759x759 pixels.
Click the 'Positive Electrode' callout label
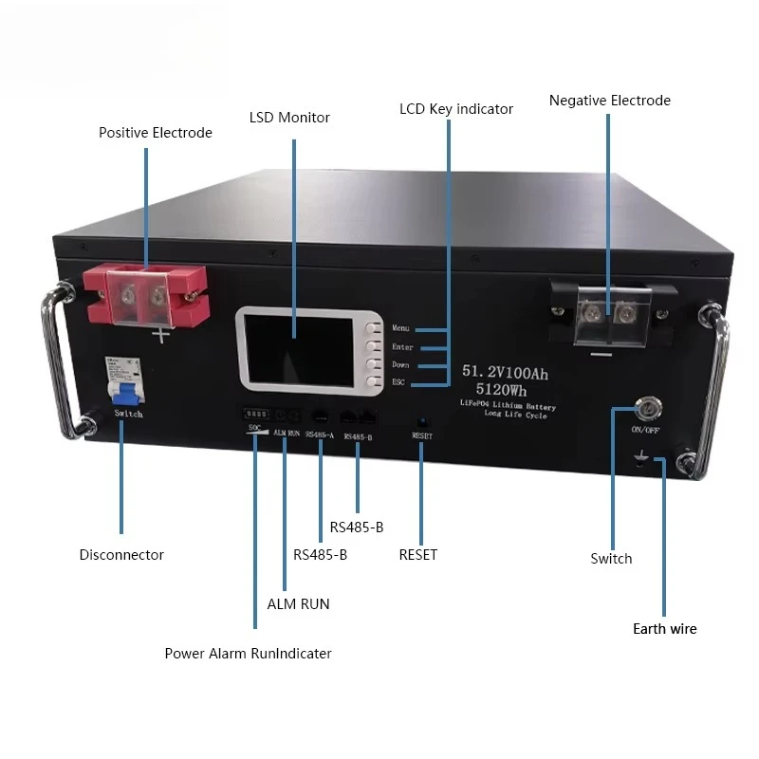click(x=155, y=133)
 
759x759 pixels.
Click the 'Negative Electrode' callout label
click(x=609, y=101)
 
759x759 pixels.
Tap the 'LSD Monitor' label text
click(x=289, y=118)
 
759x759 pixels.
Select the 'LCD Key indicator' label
click(x=455, y=109)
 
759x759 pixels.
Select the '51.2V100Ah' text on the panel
click(x=505, y=373)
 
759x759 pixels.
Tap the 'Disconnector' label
click(x=121, y=555)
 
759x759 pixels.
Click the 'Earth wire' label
click(x=664, y=629)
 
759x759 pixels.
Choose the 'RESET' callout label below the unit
click(x=417, y=555)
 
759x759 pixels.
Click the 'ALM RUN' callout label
click(x=298, y=604)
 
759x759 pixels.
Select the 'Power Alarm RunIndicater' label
click(x=248, y=654)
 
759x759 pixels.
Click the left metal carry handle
click(x=55, y=361)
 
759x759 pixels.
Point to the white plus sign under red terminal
click(x=162, y=335)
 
